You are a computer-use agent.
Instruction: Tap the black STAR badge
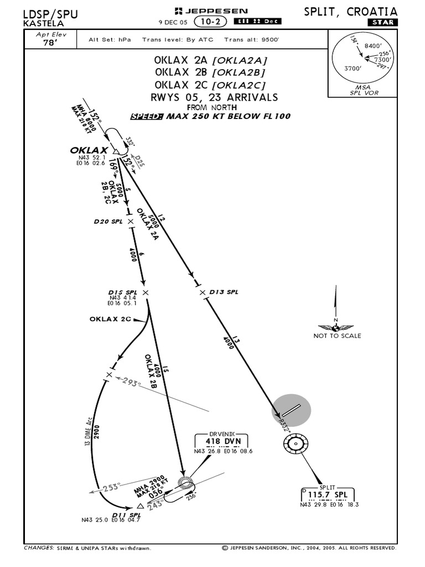click(x=382, y=22)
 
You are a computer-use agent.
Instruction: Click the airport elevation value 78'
click(x=50, y=42)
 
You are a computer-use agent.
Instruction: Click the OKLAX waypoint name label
click(x=89, y=151)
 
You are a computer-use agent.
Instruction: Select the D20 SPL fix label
click(x=110, y=221)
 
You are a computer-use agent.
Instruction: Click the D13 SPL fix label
click(x=224, y=292)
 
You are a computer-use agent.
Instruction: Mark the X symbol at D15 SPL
click(x=146, y=292)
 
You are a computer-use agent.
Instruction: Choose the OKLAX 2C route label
click(x=110, y=319)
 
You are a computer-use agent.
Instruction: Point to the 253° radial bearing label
click(x=111, y=487)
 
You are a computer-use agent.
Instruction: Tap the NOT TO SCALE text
click(x=337, y=336)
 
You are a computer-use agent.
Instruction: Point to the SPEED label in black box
click(x=147, y=116)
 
